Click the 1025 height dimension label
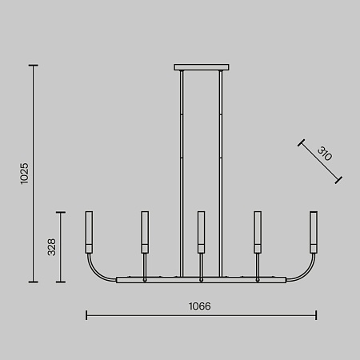click(24, 174)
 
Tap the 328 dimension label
click(51, 247)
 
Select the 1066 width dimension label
click(199, 306)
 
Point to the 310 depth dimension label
click(325, 154)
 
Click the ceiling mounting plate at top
click(202, 67)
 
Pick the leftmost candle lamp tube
click(89, 232)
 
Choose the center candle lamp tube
click(202, 232)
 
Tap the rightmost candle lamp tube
click(314, 232)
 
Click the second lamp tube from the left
click(145, 232)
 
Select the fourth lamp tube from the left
click(258, 232)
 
